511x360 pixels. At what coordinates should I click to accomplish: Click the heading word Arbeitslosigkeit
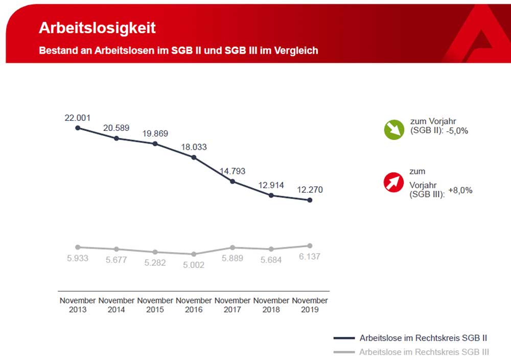pyautogui.click(x=97, y=28)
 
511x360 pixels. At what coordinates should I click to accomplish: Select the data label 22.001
pyautogui.click(x=77, y=118)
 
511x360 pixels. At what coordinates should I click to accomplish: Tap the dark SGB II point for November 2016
pyautogui.click(x=194, y=157)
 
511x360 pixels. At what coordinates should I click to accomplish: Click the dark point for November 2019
pyautogui.click(x=310, y=200)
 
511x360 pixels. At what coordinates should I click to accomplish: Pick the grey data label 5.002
pyautogui.click(x=194, y=265)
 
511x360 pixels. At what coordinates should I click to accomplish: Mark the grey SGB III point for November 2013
pyautogui.click(x=78, y=247)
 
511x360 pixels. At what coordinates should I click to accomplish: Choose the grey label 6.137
pyautogui.click(x=310, y=257)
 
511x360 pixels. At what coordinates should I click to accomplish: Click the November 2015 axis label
pyautogui.click(x=155, y=305)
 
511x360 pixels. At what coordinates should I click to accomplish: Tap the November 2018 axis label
pyautogui.click(x=271, y=305)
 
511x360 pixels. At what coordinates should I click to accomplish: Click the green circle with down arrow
pyautogui.click(x=394, y=130)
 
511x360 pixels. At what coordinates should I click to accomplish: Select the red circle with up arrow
pyautogui.click(x=394, y=183)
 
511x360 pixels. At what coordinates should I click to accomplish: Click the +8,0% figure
pyautogui.click(x=460, y=190)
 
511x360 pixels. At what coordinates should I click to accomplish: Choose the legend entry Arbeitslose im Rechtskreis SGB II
pyautogui.click(x=423, y=338)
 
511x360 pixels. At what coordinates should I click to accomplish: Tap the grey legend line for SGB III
pyautogui.click(x=343, y=352)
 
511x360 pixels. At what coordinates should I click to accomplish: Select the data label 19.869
pyautogui.click(x=155, y=133)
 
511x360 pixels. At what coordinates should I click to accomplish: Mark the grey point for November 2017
pyautogui.click(x=233, y=247)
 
